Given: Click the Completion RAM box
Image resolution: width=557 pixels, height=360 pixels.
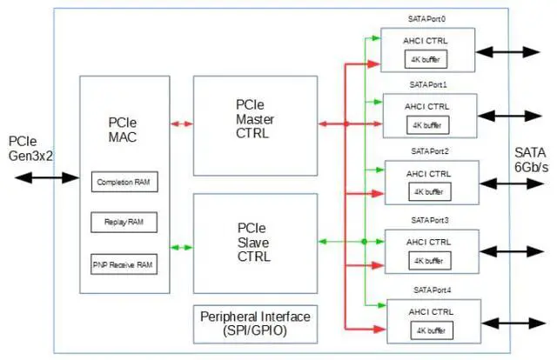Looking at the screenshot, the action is pyautogui.click(x=124, y=182).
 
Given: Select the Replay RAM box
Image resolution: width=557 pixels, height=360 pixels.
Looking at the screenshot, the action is pyautogui.click(x=124, y=223).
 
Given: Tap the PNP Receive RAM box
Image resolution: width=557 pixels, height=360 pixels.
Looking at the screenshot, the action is pyautogui.click(x=124, y=264).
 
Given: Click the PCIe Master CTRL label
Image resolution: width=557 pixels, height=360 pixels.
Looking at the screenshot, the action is pyautogui.click(x=255, y=119).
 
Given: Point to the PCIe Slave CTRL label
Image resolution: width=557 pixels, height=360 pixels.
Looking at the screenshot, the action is pyautogui.click(x=253, y=242).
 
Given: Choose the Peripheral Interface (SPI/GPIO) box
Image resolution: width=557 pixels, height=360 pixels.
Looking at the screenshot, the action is pyautogui.click(x=255, y=324).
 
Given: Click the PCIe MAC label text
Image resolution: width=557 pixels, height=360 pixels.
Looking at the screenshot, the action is pyautogui.click(x=123, y=130).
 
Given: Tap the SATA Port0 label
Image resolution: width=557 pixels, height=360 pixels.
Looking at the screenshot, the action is pyautogui.click(x=426, y=19).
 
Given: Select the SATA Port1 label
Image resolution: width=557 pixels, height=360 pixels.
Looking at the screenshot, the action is pyautogui.click(x=428, y=85).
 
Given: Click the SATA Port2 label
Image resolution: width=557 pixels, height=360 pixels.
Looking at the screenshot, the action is pyautogui.click(x=430, y=151).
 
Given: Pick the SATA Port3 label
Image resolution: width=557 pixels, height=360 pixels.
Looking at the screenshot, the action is pyautogui.click(x=430, y=221).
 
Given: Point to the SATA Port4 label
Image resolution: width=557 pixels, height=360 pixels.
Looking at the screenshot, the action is pyautogui.click(x=432, y=290).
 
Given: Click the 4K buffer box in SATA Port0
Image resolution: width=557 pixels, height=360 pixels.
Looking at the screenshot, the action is pyautogui.click(x=426, y=59).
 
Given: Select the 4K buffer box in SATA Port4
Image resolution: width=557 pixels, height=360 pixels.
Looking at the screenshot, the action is pyautogui.click(x=432, y=330).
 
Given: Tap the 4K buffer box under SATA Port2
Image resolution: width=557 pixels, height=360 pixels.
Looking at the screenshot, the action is pyautogui.click(x=430, y=191).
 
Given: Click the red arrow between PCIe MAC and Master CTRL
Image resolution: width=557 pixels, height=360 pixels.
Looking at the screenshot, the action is pyautogui.click(x=182, y=123).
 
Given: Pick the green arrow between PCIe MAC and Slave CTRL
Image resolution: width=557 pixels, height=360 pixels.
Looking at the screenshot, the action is pyautogui.click(x=182, y=248).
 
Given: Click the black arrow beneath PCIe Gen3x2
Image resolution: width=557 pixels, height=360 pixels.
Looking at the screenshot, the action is pyautogui.click(x=46, y=177).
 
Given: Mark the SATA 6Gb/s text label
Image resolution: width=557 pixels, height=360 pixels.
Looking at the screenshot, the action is pyautogui.click(x=531, y=160).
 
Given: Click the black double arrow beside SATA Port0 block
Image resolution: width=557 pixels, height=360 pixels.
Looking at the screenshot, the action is pyautogui.click(x=508, y=52).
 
